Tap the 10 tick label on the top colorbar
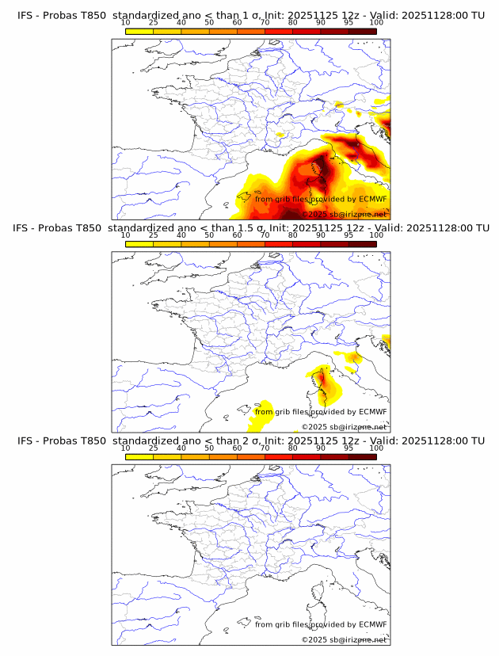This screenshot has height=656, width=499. [x=126, y=22]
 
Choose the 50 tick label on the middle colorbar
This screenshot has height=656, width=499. [x=209, y=235]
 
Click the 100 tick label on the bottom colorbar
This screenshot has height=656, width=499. [x=376, y=448]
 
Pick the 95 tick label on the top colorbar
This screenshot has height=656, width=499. [x=349, y=22]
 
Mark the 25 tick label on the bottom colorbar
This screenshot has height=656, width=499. [x=154, y=448]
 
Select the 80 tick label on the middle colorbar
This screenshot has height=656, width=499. [x=293, y=235]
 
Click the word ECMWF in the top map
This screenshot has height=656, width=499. [x=372, y=200]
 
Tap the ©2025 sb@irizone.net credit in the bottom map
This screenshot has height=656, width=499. [x=344, y=639]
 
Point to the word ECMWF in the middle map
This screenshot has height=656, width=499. [x=372, y=412]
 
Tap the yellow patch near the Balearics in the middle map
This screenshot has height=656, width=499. [x=262, y=409]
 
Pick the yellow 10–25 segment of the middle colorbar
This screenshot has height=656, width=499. [x=139, y=243]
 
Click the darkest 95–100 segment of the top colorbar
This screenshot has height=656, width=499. [x=362, y=31]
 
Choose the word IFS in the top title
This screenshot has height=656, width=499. [x=25, y=16]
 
